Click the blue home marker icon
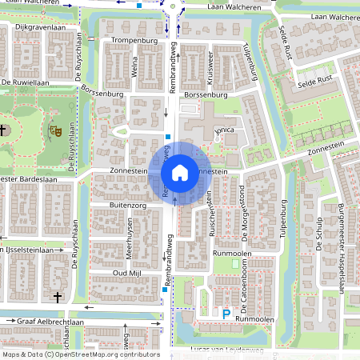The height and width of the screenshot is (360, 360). (180, 172)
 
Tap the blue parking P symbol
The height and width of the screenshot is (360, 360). (226, 314)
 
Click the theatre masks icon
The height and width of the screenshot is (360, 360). (55, 130)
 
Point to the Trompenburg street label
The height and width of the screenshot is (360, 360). (131, 39)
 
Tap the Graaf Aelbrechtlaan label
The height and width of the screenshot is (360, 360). (50, 320)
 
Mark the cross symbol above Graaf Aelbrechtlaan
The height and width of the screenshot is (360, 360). (57, 298)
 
